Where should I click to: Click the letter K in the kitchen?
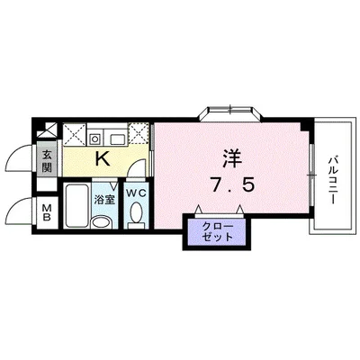point(103,160)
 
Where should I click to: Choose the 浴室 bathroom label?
point(104,200)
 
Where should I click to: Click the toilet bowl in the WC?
point(137,215)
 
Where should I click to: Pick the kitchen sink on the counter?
point(116,137)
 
